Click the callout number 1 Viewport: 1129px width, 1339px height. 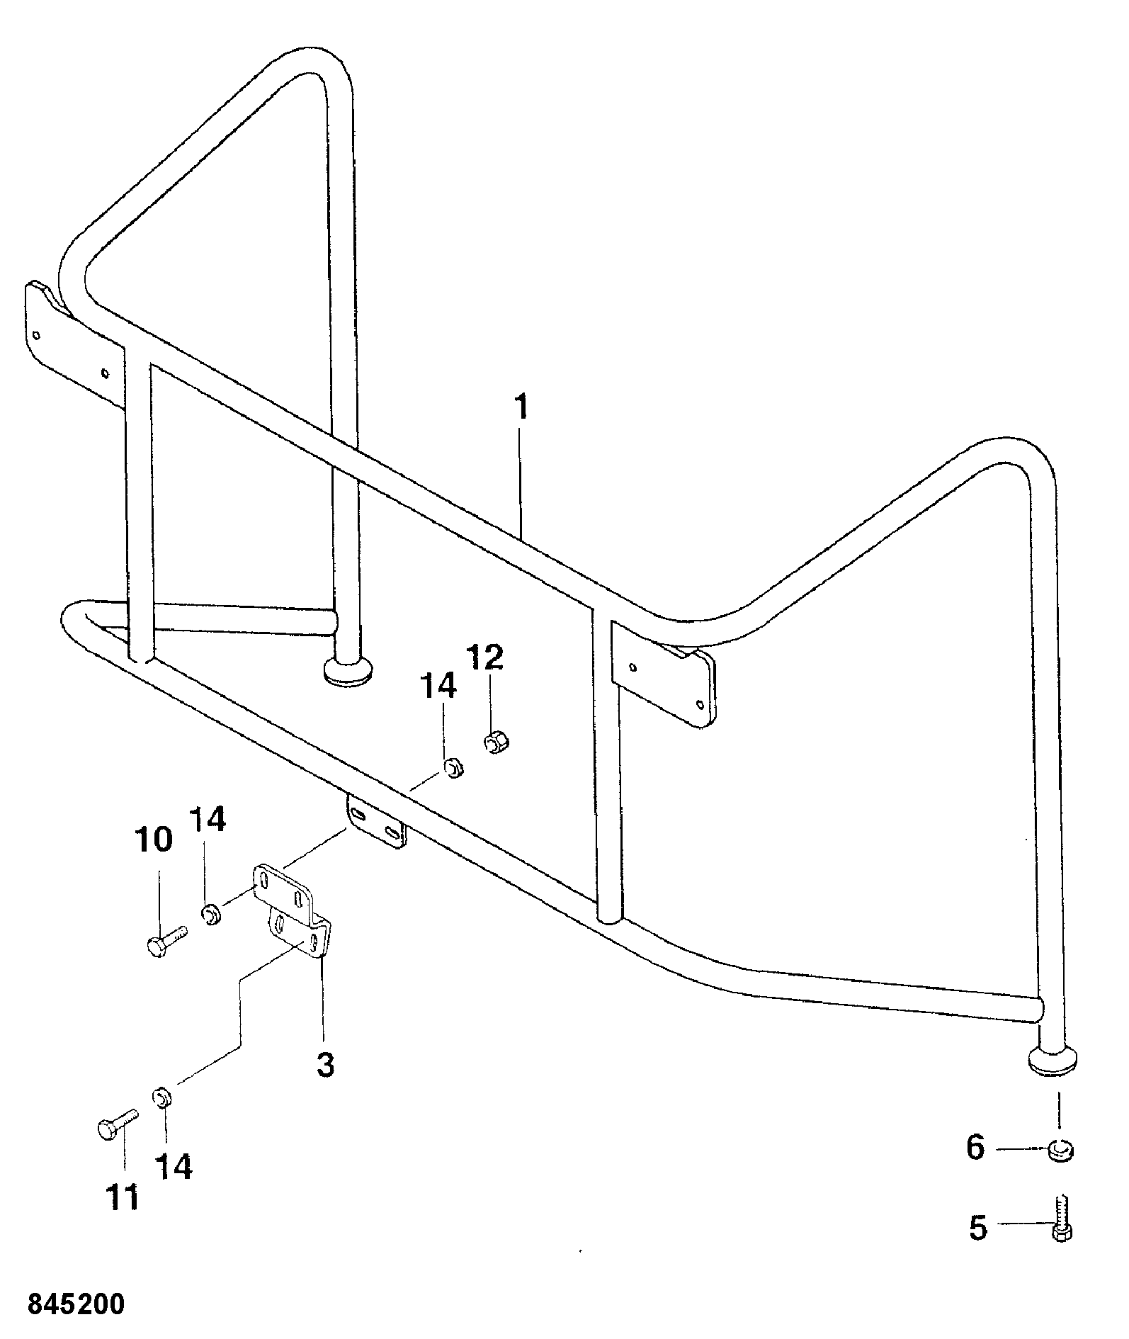pyautogui.click(x=521, y=407)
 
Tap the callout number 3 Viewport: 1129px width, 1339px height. pyautogui.click(x=325, y=1064)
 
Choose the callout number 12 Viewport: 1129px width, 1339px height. pyautogui.click(x=486, y=657)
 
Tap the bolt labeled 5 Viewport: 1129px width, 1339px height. pyautogui.click(x=1060, y=1217)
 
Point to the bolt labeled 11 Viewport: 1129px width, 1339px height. pyautogui.click(x=116, y=1124)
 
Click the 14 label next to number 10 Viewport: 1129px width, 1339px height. pyautogui.click(x=207, y=820)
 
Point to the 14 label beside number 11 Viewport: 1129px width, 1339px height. pyautogui.click(x=174, y=1166)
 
